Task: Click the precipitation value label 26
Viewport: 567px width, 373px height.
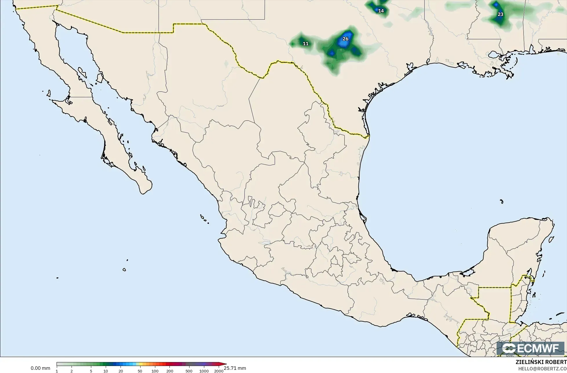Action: coord(345,39)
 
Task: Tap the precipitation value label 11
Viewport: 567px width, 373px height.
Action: coord(306,44)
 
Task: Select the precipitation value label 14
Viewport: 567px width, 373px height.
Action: coord(381,11)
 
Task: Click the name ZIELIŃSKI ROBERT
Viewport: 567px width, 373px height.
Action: coord(541,362)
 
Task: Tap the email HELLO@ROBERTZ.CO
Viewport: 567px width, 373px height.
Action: coord(542,368)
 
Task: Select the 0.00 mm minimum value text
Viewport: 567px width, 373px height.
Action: coord(40,368)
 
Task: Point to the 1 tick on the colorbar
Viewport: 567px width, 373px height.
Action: coord(57,371)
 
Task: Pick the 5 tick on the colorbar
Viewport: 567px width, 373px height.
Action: coord(91,371)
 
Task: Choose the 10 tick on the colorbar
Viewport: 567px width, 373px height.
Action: coord(106,371)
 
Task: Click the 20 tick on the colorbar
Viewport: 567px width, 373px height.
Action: coord(121,371)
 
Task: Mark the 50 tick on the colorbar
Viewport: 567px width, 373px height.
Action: coord(140,371)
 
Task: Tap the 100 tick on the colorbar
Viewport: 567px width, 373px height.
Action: coord(155,371)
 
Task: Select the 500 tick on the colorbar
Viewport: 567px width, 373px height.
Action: coord(189,371)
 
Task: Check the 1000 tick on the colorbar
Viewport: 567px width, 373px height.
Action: coord(204,371)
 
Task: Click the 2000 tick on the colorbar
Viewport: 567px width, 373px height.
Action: coord(219,371)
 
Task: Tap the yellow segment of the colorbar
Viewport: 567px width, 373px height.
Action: coord(138,364)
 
